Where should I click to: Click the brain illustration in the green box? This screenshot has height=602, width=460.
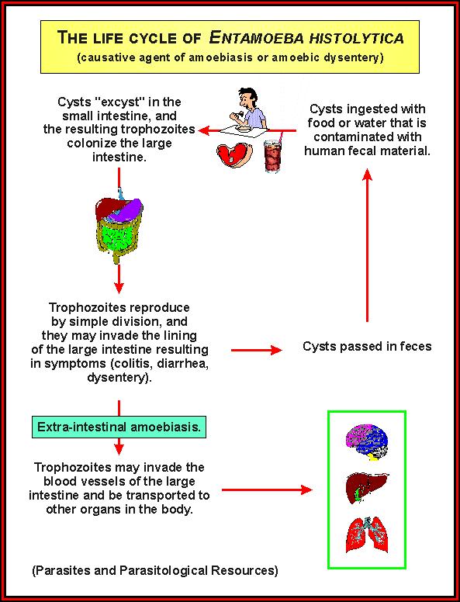pyautogui.click(x=367, y=442)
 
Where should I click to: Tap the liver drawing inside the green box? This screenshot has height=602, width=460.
pyautogui.click(x=367, y=489)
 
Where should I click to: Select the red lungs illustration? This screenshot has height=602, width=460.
pyautogui.click(x=367, y=535)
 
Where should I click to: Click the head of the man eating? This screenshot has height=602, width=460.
pyautogui.click(x=247, y=99)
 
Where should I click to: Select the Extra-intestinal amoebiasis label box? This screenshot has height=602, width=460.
pyautogui.click(x=119, y=427)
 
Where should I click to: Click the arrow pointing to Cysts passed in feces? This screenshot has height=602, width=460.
pyautogui.click(x=257, y=350)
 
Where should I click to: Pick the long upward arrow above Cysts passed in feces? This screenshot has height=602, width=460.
pyautogui.click(x=368, y=245)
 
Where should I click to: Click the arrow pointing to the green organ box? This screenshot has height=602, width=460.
pyautogui.click(x=267, y=490)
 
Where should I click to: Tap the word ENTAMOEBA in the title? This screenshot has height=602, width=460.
pyautogui.click(x=257, y=38)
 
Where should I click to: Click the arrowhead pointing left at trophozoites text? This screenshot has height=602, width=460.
pyautogui.click(x=203, y=130)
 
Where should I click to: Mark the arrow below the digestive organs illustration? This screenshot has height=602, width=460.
pyautogui.click(x=119, y=279)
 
